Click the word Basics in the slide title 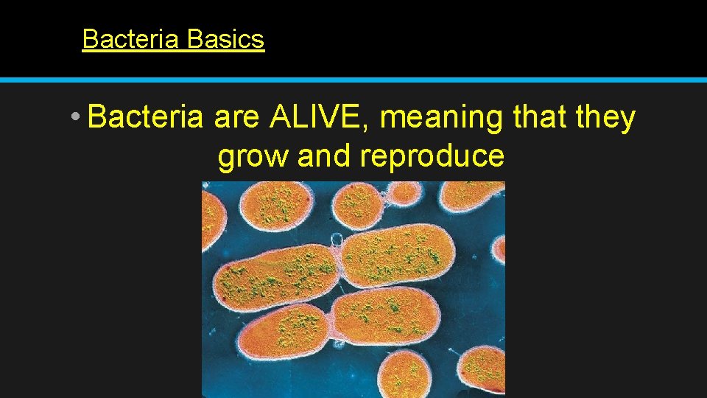pos(225,38)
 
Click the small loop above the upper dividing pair pos(337,239)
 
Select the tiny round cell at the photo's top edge pos(404,192)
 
